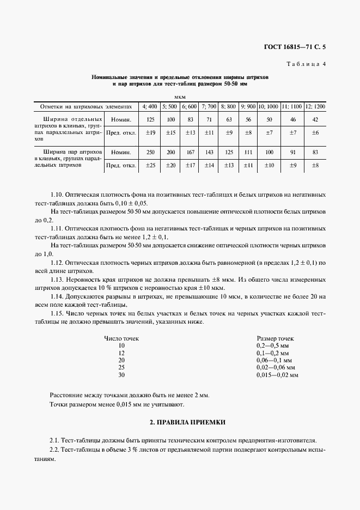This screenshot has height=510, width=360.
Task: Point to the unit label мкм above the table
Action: click(x=180, y=96)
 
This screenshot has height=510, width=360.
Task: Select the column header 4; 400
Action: click(x=149, y=106)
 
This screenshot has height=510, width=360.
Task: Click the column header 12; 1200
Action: click(x=315, y=106)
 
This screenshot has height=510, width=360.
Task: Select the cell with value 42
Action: click(x=315, y=119)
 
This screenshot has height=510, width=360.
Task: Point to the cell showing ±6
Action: click(x=315, y=132)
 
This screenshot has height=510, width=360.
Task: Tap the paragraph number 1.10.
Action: click(x=57, y=195)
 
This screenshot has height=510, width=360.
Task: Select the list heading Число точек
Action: click(x=121, y=338)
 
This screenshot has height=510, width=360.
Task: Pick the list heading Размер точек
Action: click(x=275, y=338)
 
